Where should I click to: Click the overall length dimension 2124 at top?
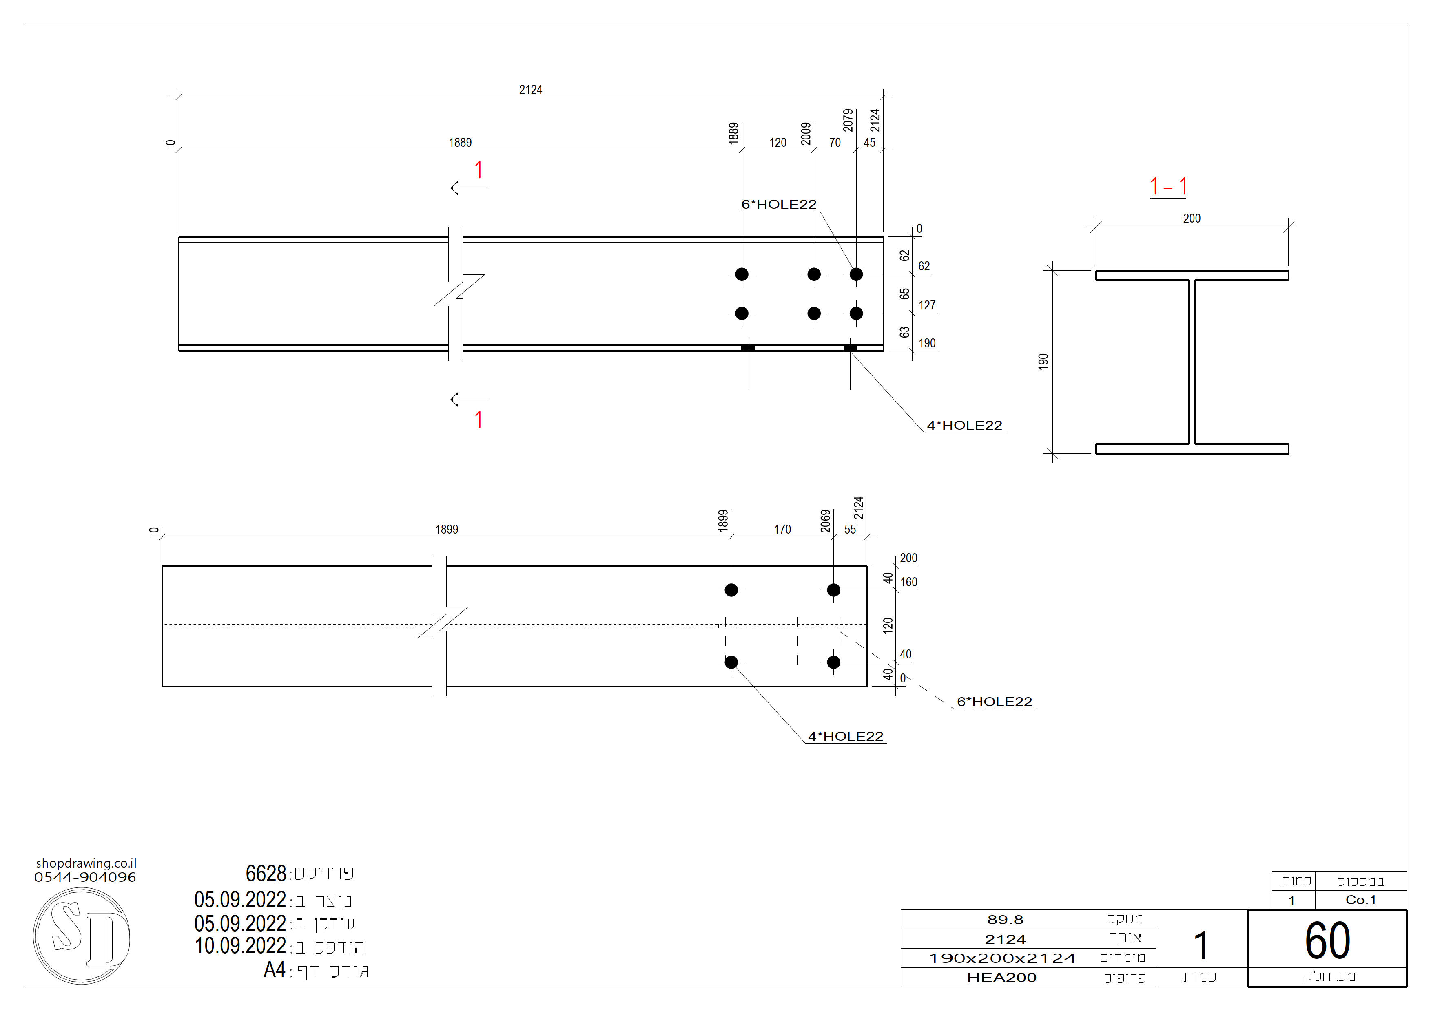coord(530,90)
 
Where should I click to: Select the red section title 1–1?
coord(1168,186)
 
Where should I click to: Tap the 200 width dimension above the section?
coord(1191,219)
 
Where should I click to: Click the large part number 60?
coord(1327,940)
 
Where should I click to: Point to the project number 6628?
coord(266,873)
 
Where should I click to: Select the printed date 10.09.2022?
coord(240,946)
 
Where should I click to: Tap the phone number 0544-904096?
coord(85,877)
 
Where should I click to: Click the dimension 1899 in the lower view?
coord(446,530)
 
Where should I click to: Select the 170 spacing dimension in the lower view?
coord(782,530)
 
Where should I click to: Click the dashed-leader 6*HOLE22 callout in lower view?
coord(994,702)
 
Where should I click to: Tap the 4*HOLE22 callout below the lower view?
coord(845,736)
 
